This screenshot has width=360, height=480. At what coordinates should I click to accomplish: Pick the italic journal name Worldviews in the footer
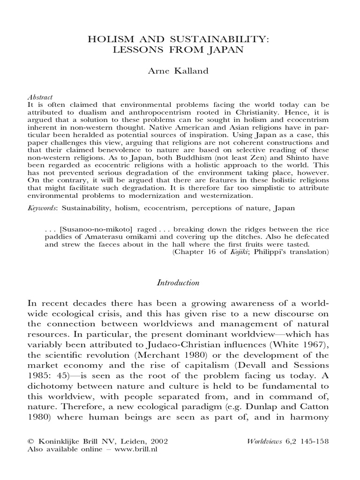(x=265, y=442)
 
